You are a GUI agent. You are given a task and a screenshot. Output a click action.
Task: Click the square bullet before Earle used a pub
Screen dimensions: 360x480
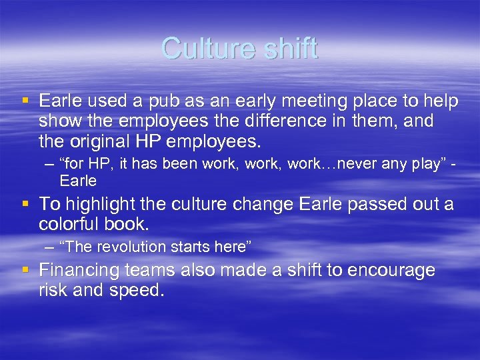click(25, 102)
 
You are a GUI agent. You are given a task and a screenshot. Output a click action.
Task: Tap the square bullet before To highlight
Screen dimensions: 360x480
click(25, 204)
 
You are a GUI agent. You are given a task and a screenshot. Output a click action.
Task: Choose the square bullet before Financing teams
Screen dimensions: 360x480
click(25, 271)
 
